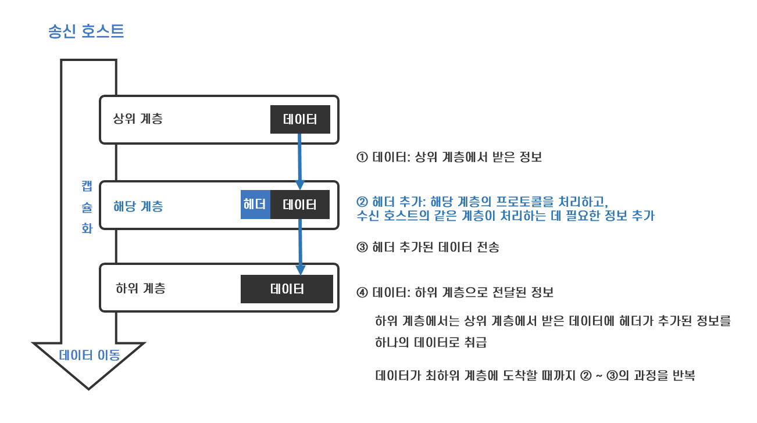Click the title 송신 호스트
pos(86,31)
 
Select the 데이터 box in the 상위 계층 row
pos(300,120)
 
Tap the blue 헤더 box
pos(255,205)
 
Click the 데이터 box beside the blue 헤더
pos(300,205)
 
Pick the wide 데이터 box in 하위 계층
pos(287,289)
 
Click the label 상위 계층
pos(138,120)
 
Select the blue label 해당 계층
pos(138,206)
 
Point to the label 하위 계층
pos(140,288)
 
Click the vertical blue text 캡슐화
pos(87,206)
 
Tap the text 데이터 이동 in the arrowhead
pos(90,356)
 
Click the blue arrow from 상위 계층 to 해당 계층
pos(299,160)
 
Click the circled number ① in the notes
pos(362,157)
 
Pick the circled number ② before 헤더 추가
pos(362,202)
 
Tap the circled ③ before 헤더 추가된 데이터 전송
pos(362,248)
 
